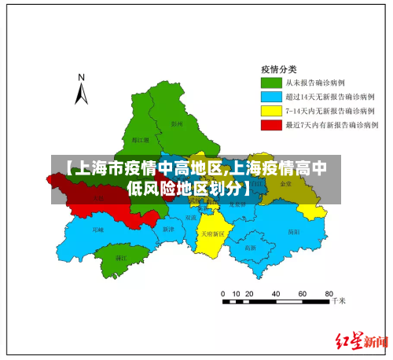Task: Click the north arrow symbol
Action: point(81,94)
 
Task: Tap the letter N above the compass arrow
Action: point(81,77)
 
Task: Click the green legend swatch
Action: point(271,83)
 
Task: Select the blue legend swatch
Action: point(271,97)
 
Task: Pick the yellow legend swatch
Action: point(271,111)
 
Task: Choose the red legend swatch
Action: point(271,125)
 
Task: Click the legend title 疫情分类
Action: point(279,68)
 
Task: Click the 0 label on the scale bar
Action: point(223,292)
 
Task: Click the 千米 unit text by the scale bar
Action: point(339,300)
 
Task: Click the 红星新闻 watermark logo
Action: point(362,341)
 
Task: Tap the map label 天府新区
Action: point(212,233)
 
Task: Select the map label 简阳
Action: point(293,232)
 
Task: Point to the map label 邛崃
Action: point(97,230)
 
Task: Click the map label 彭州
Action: point(177,123)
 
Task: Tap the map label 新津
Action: point(167,230)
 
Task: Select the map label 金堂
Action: point(285,183)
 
